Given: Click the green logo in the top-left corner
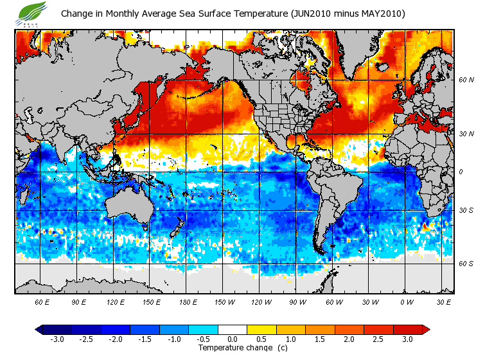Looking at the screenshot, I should (x=33, y=12).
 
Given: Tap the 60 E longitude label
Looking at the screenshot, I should (x=42, y=301).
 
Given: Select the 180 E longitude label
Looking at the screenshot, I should (x=188, y=301).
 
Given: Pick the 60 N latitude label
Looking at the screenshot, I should (x=466, y=80).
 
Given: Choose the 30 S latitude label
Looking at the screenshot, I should (x=466, y=210).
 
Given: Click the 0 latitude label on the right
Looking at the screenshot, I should (x=461, y=172).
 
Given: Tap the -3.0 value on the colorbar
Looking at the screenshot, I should (x=57, y=339).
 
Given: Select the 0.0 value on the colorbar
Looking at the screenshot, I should (x=233, y=339).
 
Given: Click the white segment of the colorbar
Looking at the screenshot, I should (x=233, y=329).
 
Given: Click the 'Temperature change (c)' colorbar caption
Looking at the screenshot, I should (x=243, y=348).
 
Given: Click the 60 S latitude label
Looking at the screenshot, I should (x=466, y=263).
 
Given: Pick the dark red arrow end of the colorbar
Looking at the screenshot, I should (x=426, y=329).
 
